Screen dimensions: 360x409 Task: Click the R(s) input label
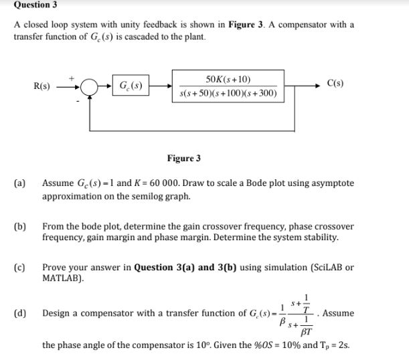[42, 86]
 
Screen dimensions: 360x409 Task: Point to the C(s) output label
[336, 84]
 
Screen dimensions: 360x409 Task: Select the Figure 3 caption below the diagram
[183, 159]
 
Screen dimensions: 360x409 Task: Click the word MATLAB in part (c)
[62, 279]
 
